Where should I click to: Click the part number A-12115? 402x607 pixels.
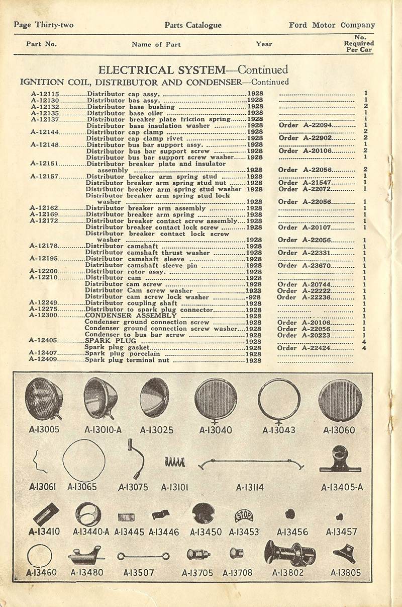pyautogui.click(x=45, y=94)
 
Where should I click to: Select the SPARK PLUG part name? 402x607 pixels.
pyautogui.click(x=106, y=341)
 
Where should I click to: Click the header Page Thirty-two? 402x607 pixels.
pyautogui.click(x=44, y=25)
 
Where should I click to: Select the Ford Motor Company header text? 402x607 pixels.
pyautogui.click(x=332, y=25)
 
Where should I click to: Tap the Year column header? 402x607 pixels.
pyautogui.click(x=264, y=44)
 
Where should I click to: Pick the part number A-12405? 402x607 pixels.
pyautogui.click(x=44, y=341)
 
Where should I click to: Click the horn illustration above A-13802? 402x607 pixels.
pyautogui.click(x=290, y=554)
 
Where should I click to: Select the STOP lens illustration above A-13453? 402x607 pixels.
pyautogui.click(x=244, y=516)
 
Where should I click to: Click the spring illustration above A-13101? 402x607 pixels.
pyautogui.click(x=174, y=462)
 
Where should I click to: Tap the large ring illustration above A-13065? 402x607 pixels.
pyautogui.click(x=84, y=460)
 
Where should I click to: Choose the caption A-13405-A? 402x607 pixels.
pyautogui.click(x=342, y=487)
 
